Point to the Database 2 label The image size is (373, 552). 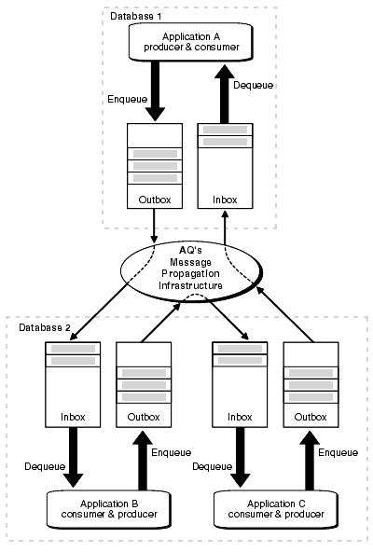pyautogui.click(x=42, y=327)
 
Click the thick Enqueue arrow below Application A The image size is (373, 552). pyautogui.click(x=156, y=92)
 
